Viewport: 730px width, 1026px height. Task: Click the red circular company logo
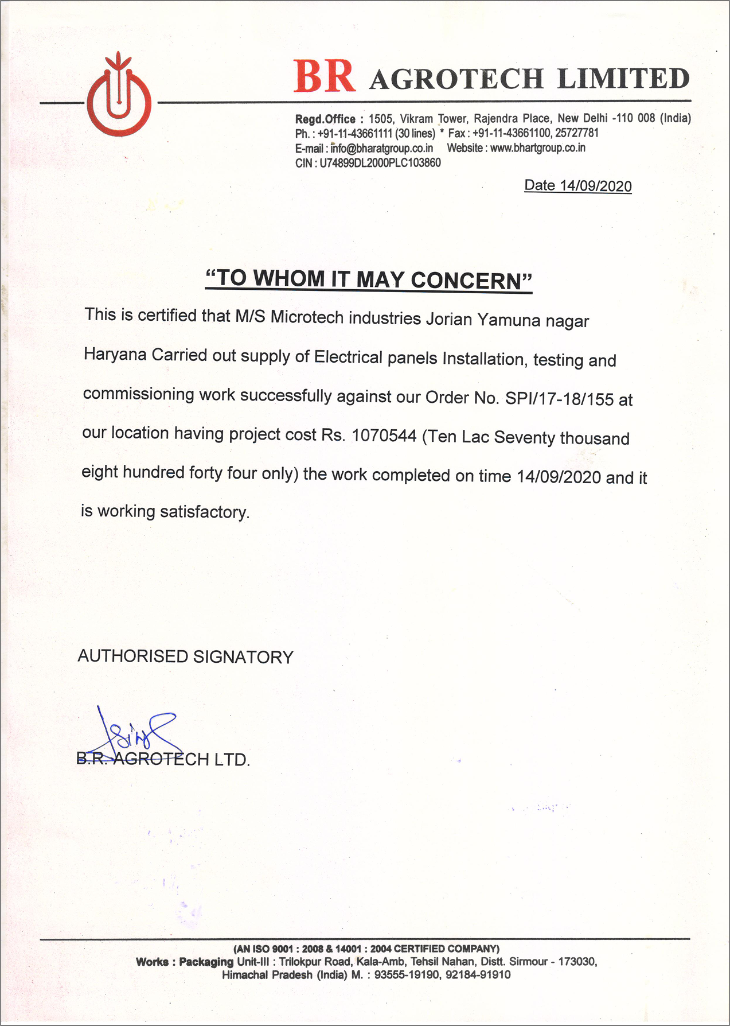pos(119,99)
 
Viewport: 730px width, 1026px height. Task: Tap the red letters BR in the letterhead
pos(325,77)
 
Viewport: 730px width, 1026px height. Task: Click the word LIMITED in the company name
pos(623,79)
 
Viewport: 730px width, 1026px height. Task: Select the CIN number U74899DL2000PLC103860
pos(380,163)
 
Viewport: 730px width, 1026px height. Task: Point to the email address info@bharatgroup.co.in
pos(382,148)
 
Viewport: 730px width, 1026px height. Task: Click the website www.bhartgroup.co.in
pos(537,148)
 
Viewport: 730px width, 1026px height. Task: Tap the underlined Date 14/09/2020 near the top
pos(578,186)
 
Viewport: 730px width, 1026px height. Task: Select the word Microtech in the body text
pos(307,317)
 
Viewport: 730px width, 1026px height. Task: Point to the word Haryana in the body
pos(115,354)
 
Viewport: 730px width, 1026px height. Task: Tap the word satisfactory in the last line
pos(204,511)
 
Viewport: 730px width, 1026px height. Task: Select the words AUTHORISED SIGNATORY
pos(185,656)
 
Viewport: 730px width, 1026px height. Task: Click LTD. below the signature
pos(232,760)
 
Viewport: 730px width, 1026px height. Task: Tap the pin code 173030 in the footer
pos(577,962)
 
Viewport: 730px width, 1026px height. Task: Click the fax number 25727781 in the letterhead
pos(577,133)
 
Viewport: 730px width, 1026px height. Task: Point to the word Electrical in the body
pos(348,357)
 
